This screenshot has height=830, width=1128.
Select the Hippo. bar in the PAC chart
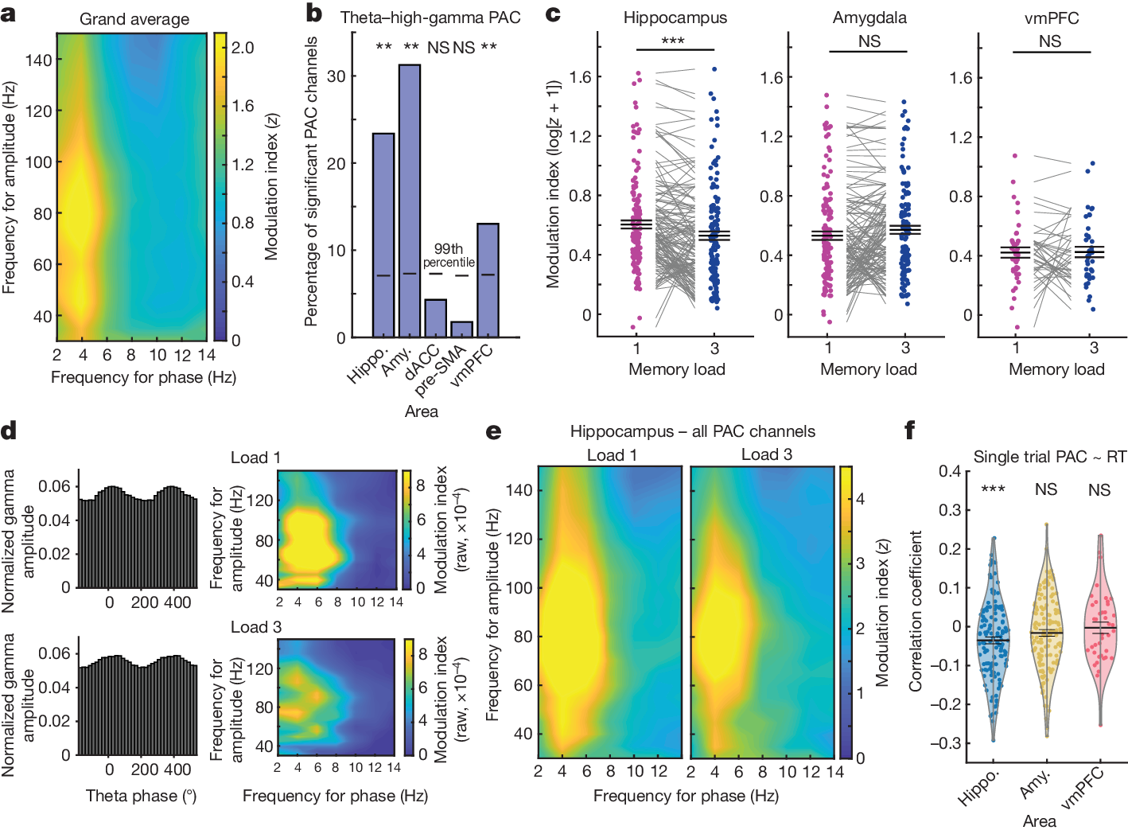click(x=383, y=235)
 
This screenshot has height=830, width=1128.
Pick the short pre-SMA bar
click(x=461, y=329)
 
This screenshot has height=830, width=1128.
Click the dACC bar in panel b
click(x=435, y=318)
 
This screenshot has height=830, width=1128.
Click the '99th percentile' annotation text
click(x=449, y=255)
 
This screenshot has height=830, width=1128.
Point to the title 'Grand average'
click(x=134, y=19)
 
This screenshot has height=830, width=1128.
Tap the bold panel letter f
click(x=910, y=431)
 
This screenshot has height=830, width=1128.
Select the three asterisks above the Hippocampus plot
click(x=673, y=41)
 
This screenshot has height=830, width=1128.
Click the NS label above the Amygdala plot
click(x=869, y=41)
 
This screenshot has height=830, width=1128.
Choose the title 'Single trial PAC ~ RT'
click(x=1049, y=457)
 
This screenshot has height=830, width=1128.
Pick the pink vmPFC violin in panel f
click(x=1101, y=629)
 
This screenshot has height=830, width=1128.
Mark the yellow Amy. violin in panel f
click(x=1047, y=637)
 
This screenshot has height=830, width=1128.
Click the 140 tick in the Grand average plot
click(x=38, y=60)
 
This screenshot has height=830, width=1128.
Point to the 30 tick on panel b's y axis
click(x=336, y=76)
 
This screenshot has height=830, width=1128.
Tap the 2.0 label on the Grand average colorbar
click(x=243, y=48)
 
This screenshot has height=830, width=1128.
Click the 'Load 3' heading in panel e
click(x=766, y=454)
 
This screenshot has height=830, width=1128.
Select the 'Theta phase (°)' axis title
click(x=142, y=796)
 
